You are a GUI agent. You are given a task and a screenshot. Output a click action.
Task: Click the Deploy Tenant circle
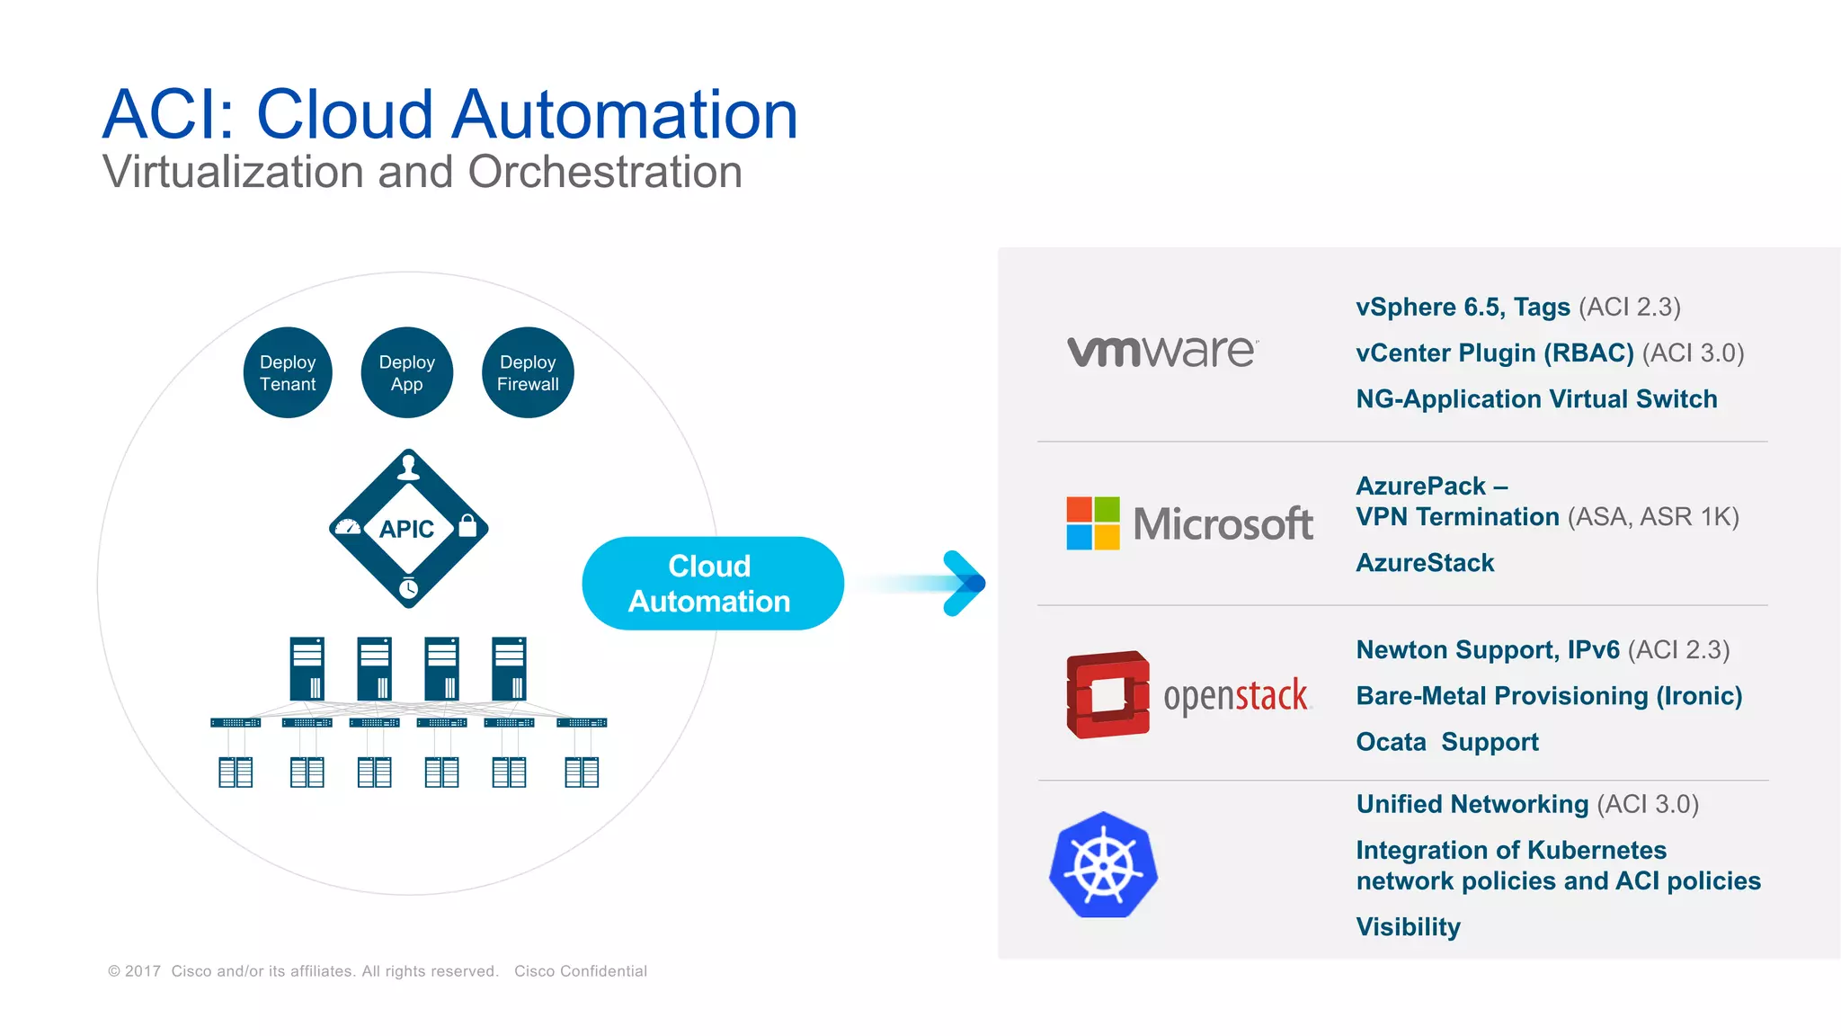[288, 372]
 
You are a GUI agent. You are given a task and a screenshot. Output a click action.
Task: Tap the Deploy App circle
[406, 372]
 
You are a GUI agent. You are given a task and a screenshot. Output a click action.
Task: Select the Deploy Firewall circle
[528, 372]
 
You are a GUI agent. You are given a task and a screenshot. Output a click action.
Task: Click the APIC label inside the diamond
[406, 529]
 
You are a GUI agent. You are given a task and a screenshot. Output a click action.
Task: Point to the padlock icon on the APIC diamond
[467, 525]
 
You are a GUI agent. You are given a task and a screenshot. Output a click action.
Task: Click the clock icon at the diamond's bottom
[408, 589]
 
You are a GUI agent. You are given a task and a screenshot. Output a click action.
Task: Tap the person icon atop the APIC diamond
[409, 467]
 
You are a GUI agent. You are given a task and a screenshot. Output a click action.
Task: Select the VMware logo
[1161, 352]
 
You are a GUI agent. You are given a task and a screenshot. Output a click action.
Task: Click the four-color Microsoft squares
[1092, 523]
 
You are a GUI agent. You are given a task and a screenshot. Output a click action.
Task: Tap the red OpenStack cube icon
[1107, 694]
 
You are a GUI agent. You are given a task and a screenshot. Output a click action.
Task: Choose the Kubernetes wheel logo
[1103, 865]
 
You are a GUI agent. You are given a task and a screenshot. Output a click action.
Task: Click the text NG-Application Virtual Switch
[1535, 398]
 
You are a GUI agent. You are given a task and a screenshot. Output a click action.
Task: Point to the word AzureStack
[1424, 563]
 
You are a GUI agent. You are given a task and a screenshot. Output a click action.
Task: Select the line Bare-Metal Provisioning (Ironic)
[1548, 696]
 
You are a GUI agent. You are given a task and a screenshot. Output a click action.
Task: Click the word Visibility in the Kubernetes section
[1408, 926]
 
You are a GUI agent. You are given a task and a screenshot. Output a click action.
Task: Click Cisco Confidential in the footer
[580, 971]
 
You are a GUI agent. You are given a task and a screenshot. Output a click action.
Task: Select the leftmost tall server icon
[307, 668]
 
